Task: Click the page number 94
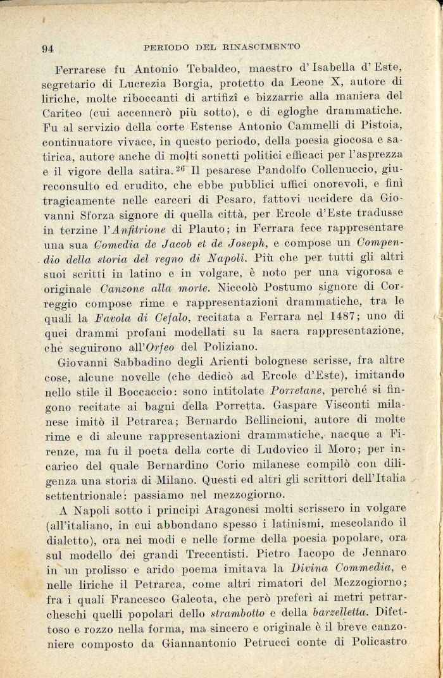pyautogui.click(x=48, y=48)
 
